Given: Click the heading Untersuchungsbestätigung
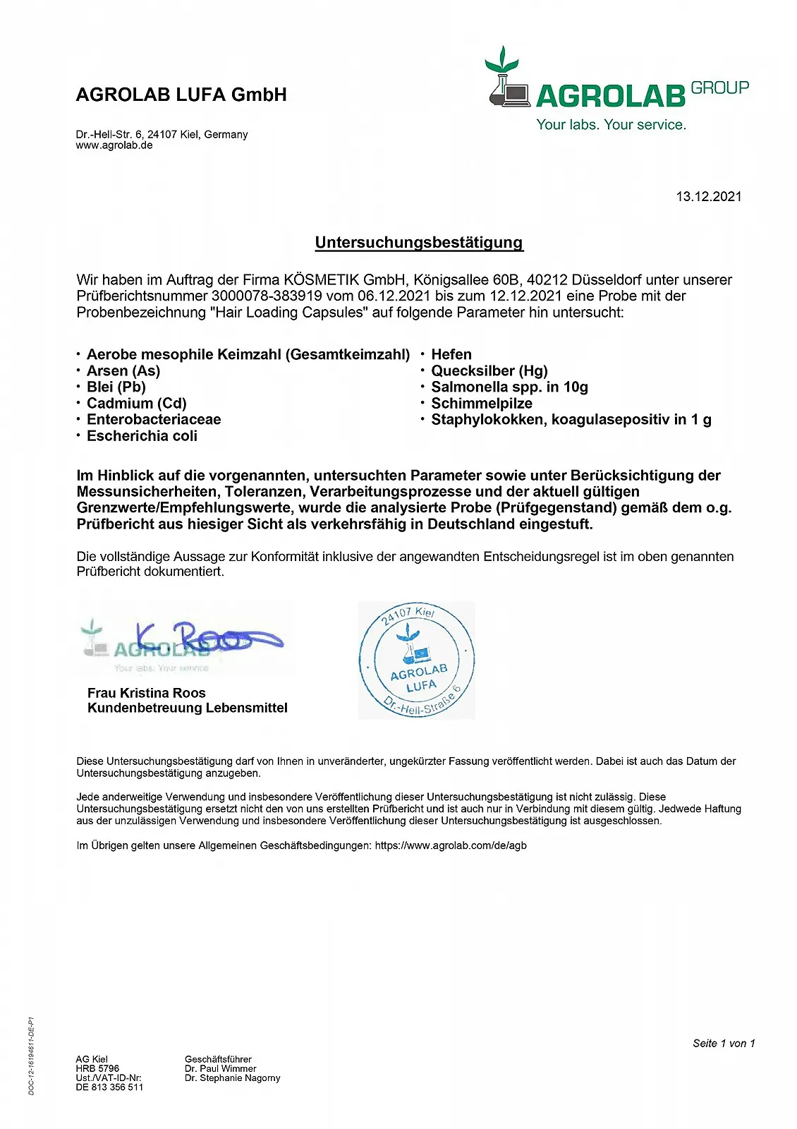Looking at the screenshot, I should coord(419,243).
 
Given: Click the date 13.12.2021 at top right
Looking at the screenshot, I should coord(709,197).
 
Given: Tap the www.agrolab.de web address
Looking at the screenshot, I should coord(114,145).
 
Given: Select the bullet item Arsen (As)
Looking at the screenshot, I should coord(123,371).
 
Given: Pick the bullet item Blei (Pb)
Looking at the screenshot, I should coord(116,387).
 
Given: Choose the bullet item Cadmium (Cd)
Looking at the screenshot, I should coord(136,404).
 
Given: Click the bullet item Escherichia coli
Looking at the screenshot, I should coord(142,436).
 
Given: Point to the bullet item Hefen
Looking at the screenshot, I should coord(451,355).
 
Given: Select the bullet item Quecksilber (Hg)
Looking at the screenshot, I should coord(489,371).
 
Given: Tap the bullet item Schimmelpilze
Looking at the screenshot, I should coord(482,404).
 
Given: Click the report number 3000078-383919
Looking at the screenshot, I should coord(267,296).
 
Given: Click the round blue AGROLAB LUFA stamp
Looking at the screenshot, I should coord(417,661).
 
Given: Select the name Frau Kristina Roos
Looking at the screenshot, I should coord(147,693).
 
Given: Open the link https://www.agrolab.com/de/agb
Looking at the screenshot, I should coord(451,845).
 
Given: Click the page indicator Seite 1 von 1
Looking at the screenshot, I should coord(724,1044).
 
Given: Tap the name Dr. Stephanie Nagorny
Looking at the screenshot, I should coord(233,1078).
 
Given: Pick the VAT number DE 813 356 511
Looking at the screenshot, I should coord(109,1087).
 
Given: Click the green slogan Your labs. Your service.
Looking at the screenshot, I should coord(611,125).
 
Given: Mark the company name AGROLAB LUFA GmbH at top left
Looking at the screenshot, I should coord(181,95).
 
